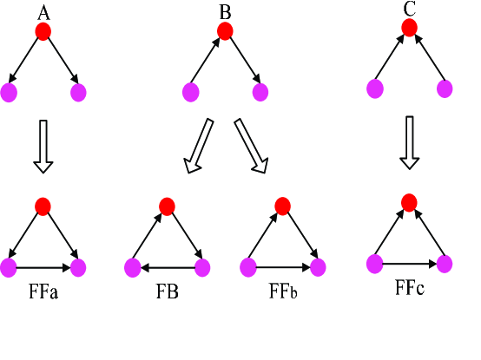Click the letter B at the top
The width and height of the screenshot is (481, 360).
coord(224,11)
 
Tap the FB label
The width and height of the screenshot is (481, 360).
coord(167,291)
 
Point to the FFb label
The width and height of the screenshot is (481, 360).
coord(282,291)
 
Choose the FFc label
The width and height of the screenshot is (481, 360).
coord(409,286)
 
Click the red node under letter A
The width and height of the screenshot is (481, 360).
coord(43,32)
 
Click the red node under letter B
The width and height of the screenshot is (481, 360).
coord(224,32)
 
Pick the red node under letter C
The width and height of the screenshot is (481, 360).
coord(410,28)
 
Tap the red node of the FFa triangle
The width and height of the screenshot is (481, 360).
coord(43,206)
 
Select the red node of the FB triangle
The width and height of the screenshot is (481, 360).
coord(167,206)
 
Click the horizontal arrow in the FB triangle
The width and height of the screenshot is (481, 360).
coord(167,268)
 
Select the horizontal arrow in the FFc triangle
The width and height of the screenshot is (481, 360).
coord(410,263)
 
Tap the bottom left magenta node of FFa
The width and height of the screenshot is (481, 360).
coord(10,268)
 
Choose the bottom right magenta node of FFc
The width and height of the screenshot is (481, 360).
coord(445,263)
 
